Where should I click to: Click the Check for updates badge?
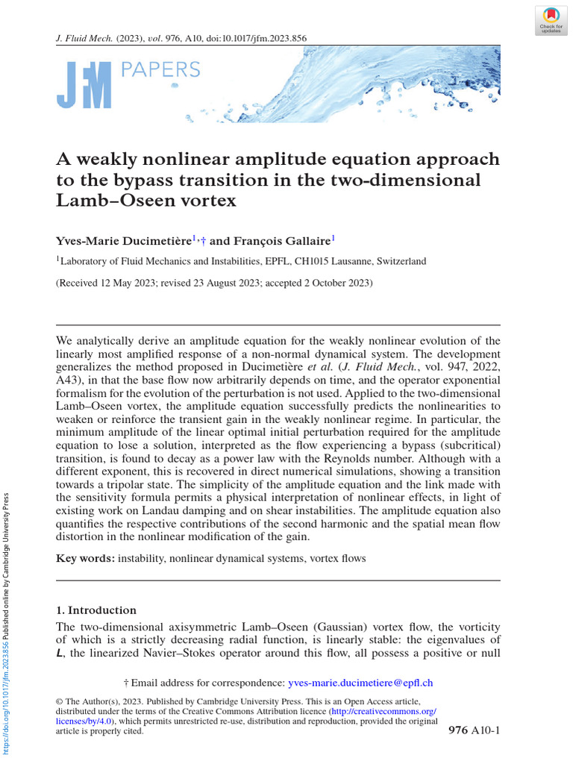(551, 19)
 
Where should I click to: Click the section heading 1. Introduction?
(96, 610)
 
